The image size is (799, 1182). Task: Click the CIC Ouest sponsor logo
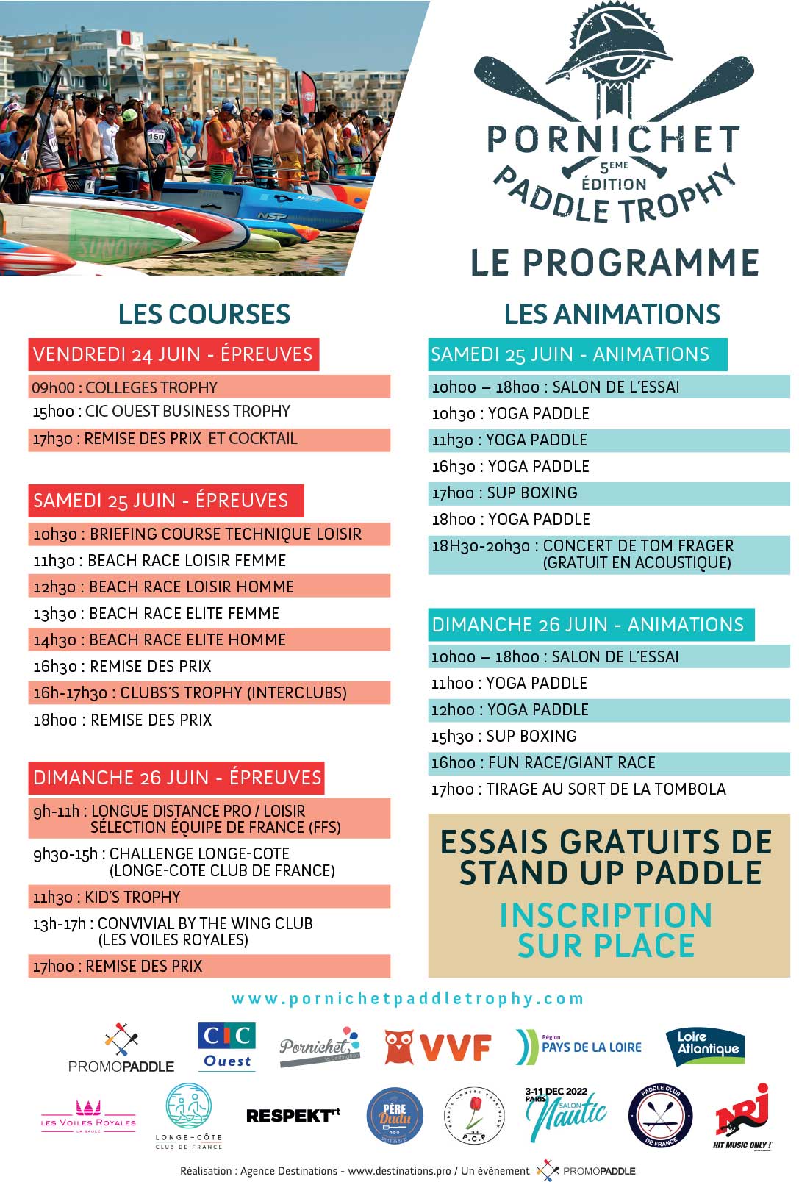pos(226,1047)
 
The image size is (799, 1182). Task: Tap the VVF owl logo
pos(437,1047)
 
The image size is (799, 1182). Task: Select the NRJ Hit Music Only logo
pos(742,1115)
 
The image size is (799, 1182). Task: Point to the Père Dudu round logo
pos(395,1115)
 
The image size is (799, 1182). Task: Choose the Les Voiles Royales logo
pos(88,1115)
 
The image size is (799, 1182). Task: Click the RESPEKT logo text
pos(293,1115)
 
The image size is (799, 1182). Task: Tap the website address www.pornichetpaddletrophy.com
pos(407,998)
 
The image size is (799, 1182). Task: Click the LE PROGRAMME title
pos(615,262)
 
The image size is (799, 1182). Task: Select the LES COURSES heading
pos(204,314)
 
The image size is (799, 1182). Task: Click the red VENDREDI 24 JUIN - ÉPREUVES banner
pos(173,354)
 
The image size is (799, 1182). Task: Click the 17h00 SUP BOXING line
pos(505,492)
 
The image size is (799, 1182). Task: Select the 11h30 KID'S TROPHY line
pos(107,897)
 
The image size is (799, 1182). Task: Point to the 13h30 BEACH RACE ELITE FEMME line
pos(157,613)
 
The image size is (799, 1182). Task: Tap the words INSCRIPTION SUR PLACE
pos(606,930)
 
